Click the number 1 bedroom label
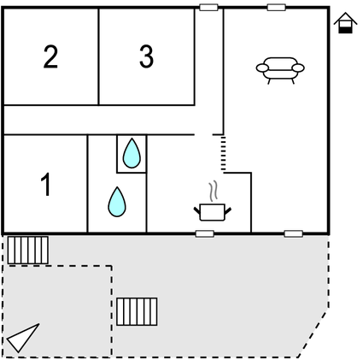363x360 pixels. (46, 185)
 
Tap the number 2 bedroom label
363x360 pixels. (50, 56)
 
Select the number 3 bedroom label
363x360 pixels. (146, 56)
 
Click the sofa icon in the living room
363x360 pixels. (280, 70)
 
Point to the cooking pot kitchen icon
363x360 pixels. (213, 212)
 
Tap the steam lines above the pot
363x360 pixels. (214, 191)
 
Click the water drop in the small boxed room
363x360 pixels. (132, 153)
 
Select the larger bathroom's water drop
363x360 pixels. (117, 202)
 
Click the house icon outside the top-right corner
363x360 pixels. (345, 23)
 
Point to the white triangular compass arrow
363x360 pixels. (21, 338)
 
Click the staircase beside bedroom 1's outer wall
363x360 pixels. (27, 250)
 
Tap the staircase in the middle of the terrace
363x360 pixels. (137, 311)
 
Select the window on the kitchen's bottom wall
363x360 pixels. (205, 233)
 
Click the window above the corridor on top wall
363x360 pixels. (208, 7)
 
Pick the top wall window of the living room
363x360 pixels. (276, 7)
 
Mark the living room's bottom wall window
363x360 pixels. (293, 233)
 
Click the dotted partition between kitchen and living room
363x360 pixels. (223, 153)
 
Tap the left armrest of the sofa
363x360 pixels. (262, 68)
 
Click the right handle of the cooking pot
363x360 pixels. (228, 211)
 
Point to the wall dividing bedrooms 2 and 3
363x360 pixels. (98, 56)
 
